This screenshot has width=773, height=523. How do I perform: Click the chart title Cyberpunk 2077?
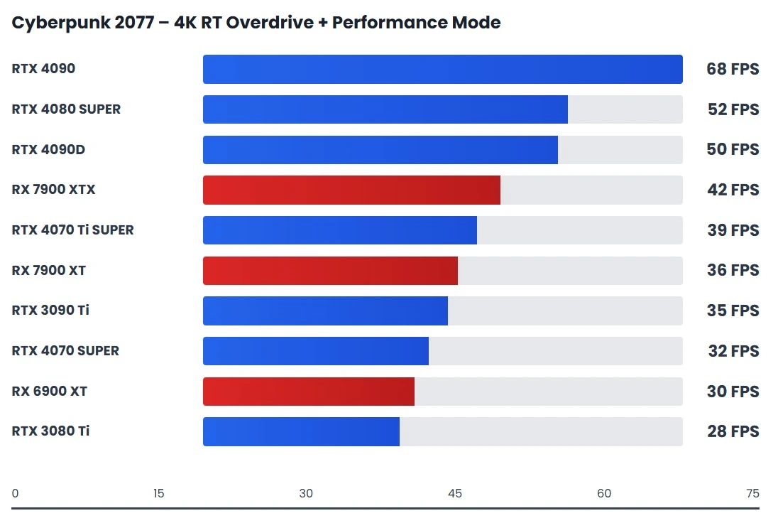pos(256,23)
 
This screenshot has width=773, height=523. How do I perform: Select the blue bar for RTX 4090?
pos(442,69)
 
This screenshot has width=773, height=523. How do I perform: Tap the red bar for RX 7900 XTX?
pos(351,190)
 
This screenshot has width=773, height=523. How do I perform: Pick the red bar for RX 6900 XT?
pos(308,392)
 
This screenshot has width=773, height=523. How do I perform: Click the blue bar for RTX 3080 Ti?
pos(301,431)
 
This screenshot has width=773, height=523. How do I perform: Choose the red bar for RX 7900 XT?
pos(330,271)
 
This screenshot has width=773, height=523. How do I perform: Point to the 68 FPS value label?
pos(732,69)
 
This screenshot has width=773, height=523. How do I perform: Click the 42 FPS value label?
pos(733,190)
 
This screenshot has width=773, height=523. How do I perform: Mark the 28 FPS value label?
pos(733,431)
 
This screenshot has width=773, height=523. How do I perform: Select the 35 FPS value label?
pos(733,311)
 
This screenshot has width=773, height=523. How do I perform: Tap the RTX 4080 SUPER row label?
pos(66,109)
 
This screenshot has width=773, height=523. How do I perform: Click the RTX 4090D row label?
pos(48,149)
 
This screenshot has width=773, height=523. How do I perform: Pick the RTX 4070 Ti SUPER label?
pos(72,230)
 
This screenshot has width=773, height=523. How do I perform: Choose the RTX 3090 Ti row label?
pos(50,311)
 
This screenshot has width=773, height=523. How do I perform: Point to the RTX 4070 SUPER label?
pos(65,351)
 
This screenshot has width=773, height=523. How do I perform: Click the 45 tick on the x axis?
pos(455,494)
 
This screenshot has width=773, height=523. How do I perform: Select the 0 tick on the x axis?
pos(16,494)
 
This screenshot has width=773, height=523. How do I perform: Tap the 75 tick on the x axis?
pos(752,494)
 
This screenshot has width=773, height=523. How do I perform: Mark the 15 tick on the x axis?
pos(158,494)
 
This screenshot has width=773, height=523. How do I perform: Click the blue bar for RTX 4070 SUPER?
pos(315,351)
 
